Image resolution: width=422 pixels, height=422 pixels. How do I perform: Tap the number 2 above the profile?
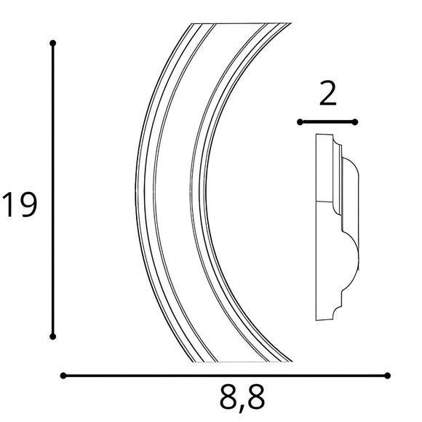329,95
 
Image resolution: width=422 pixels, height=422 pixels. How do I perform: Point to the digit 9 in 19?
26,205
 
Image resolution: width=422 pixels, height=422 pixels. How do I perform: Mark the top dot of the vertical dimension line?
52,44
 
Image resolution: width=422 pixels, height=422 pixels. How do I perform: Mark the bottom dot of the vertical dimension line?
52,336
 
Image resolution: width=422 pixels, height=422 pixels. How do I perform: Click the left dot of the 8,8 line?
64,375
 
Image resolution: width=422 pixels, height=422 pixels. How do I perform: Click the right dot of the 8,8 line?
387,375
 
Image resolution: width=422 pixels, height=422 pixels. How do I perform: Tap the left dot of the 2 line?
300,122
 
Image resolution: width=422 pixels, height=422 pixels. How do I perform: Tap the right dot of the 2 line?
357,122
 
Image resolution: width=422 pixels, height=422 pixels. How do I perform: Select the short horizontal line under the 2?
328,122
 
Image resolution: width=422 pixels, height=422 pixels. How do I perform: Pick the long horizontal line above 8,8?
226,375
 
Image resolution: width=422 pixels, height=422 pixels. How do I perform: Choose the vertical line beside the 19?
52,189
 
